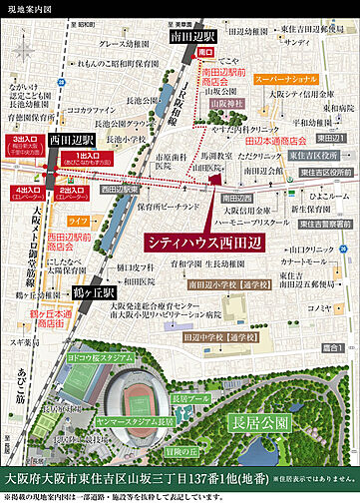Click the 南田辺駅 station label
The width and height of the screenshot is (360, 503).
pyautogui.click(x=196, y=35)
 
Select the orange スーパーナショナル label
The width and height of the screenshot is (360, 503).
pyautogui.click(x=285, y=77)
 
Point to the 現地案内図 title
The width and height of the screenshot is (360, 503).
pyautogui.click(x=27, y=8)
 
